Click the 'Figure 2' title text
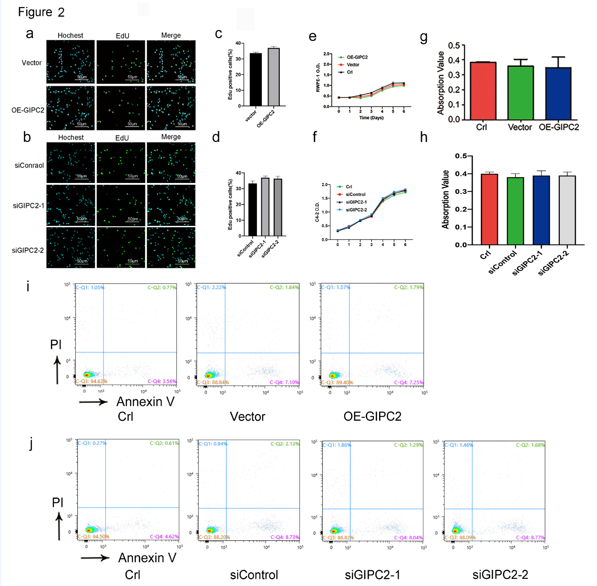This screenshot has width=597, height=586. click(x=41, y=12)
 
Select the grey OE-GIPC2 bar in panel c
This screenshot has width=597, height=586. click(x=274, y=77)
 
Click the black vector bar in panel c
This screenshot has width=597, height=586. click(x=256, y=80)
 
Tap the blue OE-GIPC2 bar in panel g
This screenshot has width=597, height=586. click(x=558, y=93)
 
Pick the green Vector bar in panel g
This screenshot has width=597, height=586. click(x=520, y=93)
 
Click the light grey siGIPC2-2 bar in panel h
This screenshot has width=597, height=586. click(x=567, y=210)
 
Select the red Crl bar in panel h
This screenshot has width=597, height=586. click(x=489, y=209)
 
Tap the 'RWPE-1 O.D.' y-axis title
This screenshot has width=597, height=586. click(x=318, y=77)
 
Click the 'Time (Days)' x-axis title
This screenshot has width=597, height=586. click(x=371, y=118)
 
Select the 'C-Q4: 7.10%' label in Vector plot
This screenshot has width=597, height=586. click(x=284, y=382)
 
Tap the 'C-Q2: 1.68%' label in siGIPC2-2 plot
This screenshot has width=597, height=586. click(x=530, y=445)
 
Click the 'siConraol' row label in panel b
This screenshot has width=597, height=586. click(x=29, y=165)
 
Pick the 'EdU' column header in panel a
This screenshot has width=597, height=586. click(x=123, y=36)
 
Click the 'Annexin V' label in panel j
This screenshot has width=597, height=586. click(x=147, y=557)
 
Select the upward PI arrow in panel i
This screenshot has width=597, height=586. click(x=57, y=370)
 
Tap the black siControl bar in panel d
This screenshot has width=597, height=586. click(x=253, y=210)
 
